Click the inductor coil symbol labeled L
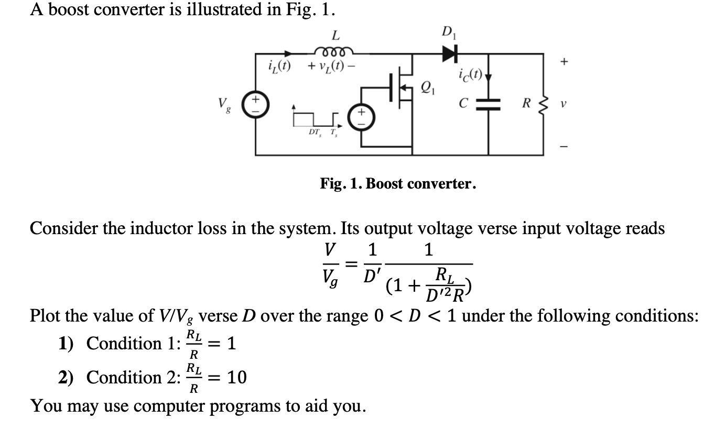point(334,51)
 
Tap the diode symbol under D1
point(449,52)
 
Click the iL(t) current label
point(279,67)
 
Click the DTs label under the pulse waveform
point(316,134)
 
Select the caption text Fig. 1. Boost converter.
point(398,184)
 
